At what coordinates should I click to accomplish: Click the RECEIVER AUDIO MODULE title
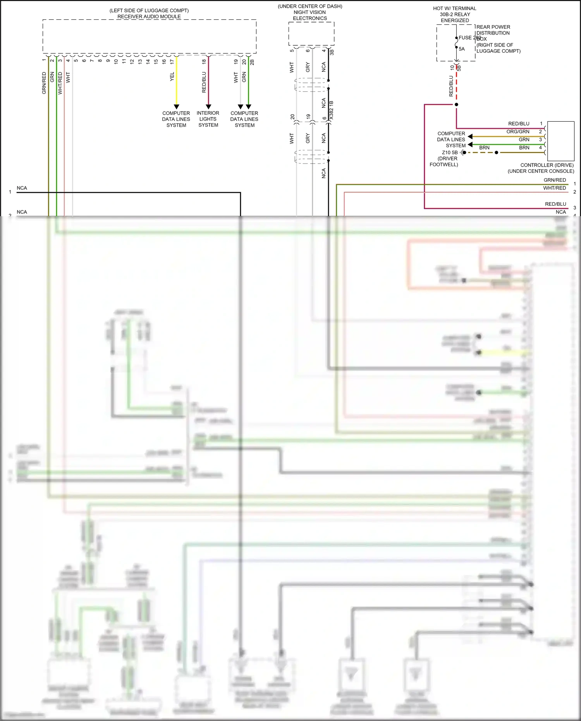tap(149, 17)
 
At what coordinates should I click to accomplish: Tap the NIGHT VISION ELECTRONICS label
tap(310, 15)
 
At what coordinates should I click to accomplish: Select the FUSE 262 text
tap(469, 38)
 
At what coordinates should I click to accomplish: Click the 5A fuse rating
tap(462, 49)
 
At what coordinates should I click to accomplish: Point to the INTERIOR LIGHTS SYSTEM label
tap(208, 119)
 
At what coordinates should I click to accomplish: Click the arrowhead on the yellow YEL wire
tap(177, 107)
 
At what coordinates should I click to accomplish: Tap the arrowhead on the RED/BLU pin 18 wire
tap(208, 107)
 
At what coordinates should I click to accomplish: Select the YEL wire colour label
tap(172, 77)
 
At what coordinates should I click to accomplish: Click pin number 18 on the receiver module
tap(204, 61)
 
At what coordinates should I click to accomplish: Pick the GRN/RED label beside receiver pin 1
tap(44, 83)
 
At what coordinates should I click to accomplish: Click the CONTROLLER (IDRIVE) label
tap(547, 165)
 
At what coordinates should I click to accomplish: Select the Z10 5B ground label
tap(449, 153)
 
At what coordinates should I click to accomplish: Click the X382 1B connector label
tap(331, 110)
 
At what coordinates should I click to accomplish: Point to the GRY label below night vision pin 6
tap(308, 67)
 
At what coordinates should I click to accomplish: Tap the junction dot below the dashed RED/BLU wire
tap(456, 105)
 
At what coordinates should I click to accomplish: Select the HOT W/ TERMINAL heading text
tap(454, 9)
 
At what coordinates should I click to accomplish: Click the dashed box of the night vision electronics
tap(311, 34)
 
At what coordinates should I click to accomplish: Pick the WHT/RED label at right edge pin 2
tap(554, 188)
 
